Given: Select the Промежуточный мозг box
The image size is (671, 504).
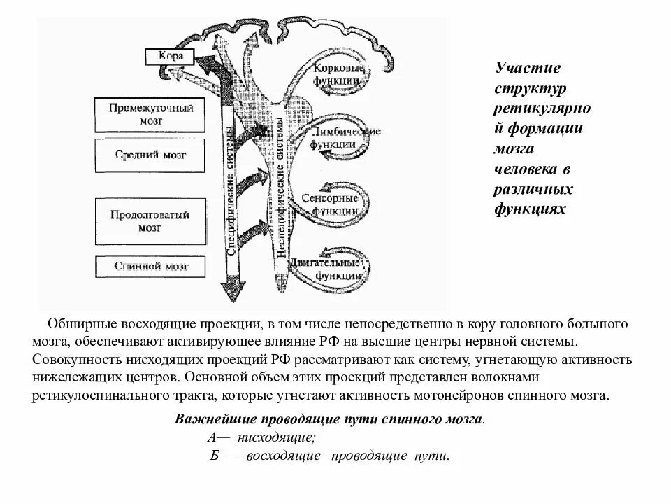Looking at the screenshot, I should tap(151, 114).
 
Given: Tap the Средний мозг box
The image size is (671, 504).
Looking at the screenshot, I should tap(151, 155).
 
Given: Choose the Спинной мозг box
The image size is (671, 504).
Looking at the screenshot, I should tap(151, 266).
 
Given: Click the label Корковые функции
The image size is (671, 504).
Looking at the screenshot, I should tap(338, 75).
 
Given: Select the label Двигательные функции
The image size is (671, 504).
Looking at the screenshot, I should tap(338, 269).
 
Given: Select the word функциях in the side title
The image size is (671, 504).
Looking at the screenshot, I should tap(529, 209).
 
